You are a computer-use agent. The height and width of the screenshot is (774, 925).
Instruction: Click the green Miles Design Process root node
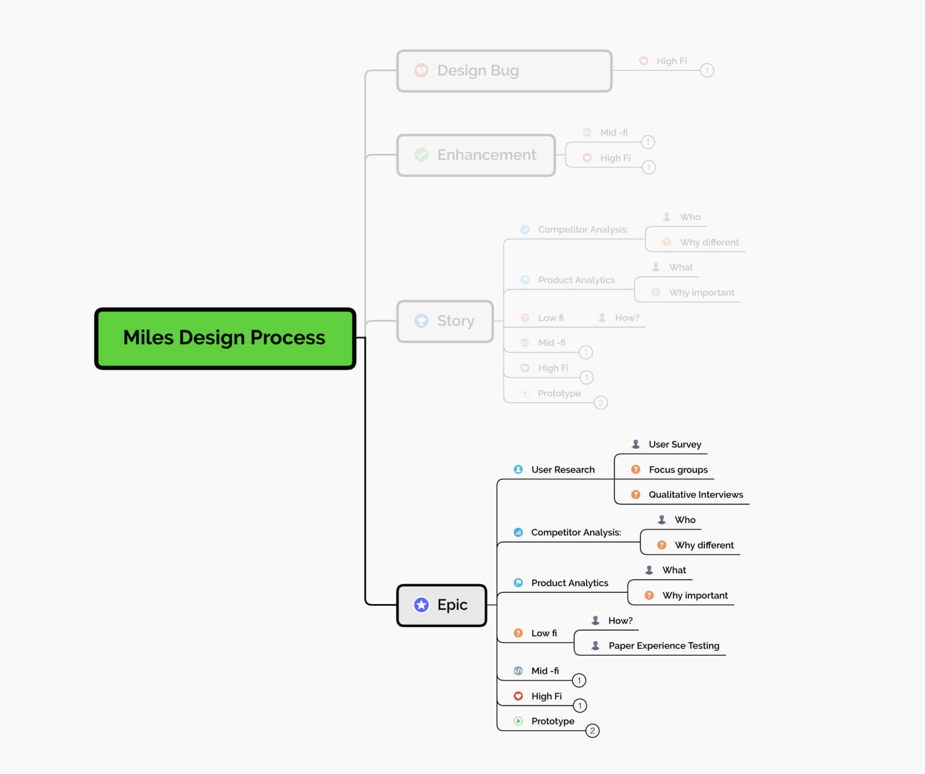225,338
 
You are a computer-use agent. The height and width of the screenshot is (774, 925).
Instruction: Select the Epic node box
442,605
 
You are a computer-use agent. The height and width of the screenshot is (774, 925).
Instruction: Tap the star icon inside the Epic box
422,605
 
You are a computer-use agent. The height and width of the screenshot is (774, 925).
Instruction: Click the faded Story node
445,321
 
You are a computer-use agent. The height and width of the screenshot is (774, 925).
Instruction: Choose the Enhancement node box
476,155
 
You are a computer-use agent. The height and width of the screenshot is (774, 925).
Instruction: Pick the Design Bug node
503,71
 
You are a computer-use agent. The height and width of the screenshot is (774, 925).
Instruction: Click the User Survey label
674,444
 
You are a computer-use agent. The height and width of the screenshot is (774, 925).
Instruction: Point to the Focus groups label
678,470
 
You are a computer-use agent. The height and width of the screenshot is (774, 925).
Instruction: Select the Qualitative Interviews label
695,494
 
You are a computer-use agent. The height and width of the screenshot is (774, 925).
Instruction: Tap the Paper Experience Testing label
663,645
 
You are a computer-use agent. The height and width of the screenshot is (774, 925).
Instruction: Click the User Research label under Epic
562,470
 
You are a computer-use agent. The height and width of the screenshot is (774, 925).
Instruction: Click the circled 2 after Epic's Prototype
592,731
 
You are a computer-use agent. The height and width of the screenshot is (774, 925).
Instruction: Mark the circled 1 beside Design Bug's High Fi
707,70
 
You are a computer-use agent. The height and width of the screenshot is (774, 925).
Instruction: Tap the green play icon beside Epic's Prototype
518,721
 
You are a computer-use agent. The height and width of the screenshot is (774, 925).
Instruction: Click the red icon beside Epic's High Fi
518,696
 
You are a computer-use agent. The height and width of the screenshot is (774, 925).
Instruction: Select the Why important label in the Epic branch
695,595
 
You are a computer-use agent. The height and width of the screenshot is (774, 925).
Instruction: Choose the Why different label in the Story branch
709,242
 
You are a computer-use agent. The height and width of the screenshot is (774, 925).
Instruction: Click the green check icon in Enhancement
422,155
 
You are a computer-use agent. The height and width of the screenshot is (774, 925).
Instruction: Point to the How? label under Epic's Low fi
620,620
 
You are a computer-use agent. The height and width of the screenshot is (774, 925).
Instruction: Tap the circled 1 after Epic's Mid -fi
579,680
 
